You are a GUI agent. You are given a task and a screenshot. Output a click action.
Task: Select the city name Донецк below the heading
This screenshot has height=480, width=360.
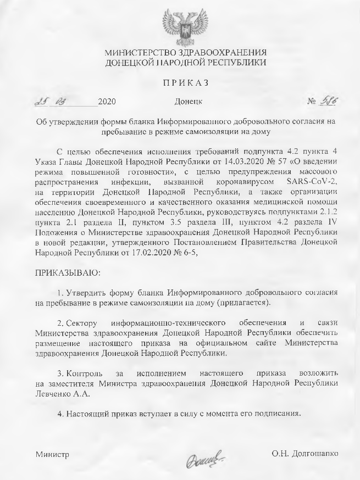[189, 102]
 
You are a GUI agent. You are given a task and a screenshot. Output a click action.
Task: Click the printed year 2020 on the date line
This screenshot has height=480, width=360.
[107, 102]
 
